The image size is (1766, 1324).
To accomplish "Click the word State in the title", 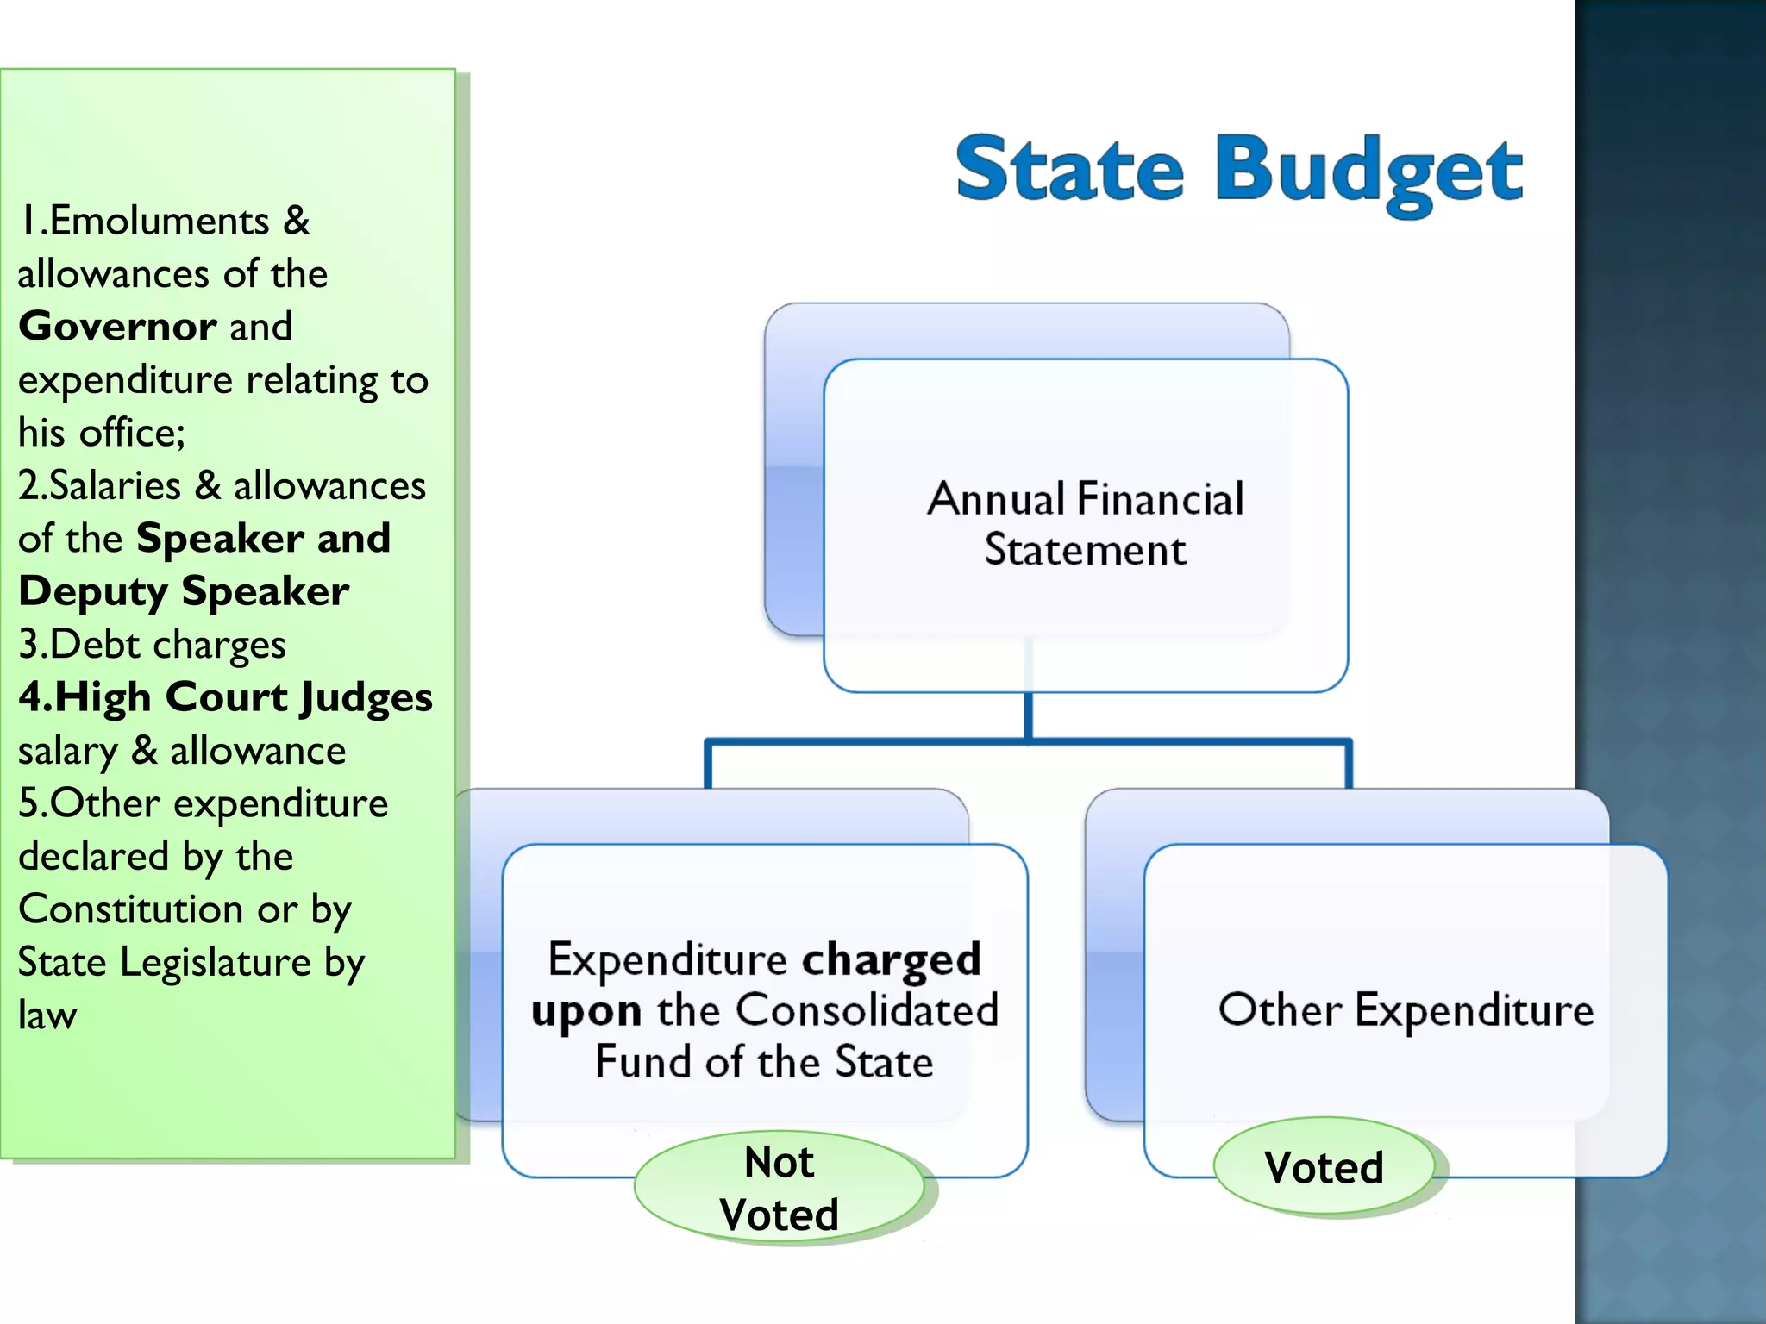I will click(1069, 169).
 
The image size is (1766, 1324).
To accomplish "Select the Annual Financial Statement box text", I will click(1085, 523).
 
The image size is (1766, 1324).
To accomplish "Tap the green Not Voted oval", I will click(779, 1188).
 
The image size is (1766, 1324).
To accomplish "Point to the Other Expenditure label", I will click(1406, 1009).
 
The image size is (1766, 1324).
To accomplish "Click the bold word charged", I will click(891, 959).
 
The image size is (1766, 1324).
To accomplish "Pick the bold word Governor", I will click(117, 327).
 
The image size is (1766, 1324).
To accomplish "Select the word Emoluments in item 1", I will click(160, 222).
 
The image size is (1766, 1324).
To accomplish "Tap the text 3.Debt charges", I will click(152, 645).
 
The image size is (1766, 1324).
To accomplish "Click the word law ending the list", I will click(47, 1015).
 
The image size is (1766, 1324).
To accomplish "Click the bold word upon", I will click(586, 1011).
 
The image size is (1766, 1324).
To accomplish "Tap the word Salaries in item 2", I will click(115, 486).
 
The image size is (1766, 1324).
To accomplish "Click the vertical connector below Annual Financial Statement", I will click(1028, 715).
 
